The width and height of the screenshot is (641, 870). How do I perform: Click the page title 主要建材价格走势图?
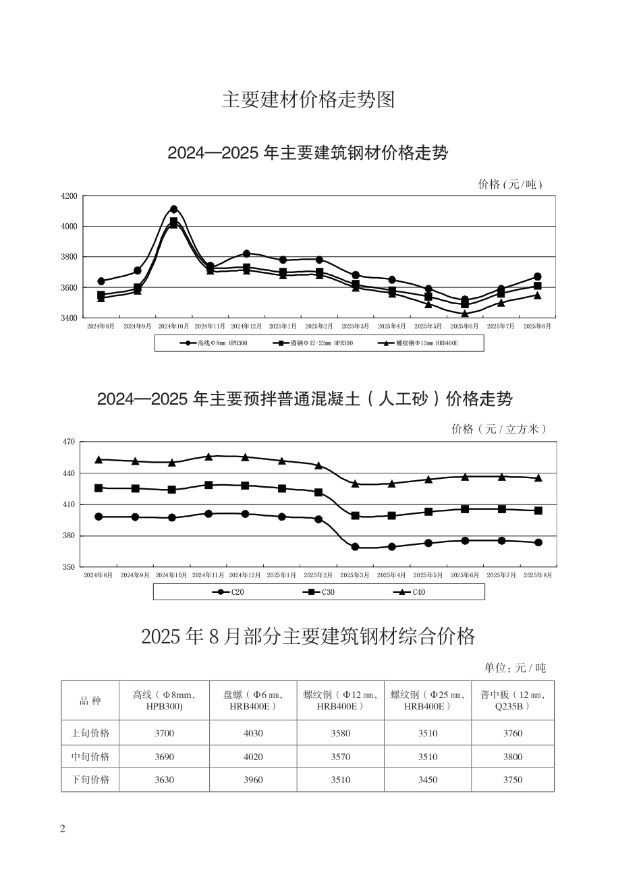308,100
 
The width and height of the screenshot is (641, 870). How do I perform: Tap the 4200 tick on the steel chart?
69,196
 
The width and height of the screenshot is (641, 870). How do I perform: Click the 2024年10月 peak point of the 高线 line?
173,209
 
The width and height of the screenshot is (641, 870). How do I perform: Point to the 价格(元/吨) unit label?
509,184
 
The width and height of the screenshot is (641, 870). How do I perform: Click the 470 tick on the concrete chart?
69,442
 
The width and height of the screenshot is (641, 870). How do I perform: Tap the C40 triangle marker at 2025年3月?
355,484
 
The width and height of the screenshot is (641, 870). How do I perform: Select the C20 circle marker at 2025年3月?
355,547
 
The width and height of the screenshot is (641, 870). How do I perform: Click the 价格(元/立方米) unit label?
498,429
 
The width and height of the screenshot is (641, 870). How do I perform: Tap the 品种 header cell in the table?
90,701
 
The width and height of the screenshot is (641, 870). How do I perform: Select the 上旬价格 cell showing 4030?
252,733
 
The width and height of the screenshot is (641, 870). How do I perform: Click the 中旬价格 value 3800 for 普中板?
512,757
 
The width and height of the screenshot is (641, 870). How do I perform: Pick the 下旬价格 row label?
90,780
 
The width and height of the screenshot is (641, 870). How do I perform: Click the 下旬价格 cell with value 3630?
164,780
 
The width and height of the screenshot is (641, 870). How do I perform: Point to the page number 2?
63,829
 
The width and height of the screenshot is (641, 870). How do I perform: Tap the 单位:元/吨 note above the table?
514,668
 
